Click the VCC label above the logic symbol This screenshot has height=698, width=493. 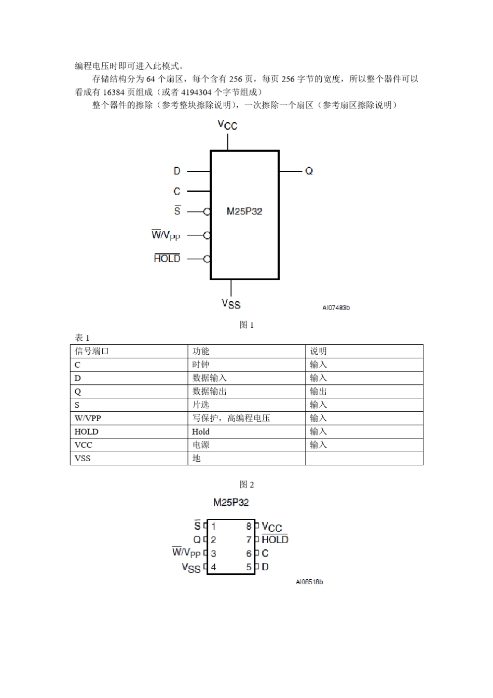pos(227,125)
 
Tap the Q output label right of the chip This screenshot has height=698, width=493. pos(309,171)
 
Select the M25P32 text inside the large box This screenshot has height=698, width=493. pos(244,211)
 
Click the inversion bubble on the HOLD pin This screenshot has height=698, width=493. pos(207,259)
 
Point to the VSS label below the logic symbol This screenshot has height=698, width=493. pos(231,304)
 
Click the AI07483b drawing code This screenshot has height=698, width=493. pos(336,308)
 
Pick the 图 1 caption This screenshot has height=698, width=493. pos(246,325)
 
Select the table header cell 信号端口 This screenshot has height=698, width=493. pos(92,351)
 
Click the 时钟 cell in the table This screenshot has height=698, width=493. pos(201,365)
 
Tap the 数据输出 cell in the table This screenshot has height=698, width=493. pos(210,392)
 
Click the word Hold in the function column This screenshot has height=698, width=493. pos(201,432)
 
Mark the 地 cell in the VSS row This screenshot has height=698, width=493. pos(197,458)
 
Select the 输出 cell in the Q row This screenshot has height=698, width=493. pos(319,392)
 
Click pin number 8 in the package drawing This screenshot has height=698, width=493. pos(249,526)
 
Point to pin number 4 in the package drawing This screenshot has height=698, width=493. pos(213,567)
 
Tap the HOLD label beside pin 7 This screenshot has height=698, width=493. pos(275,540)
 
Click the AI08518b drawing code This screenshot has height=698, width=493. pos(309,582)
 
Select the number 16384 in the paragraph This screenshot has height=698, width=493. pos(114,92)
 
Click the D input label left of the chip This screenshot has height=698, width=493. pos(177,171)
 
